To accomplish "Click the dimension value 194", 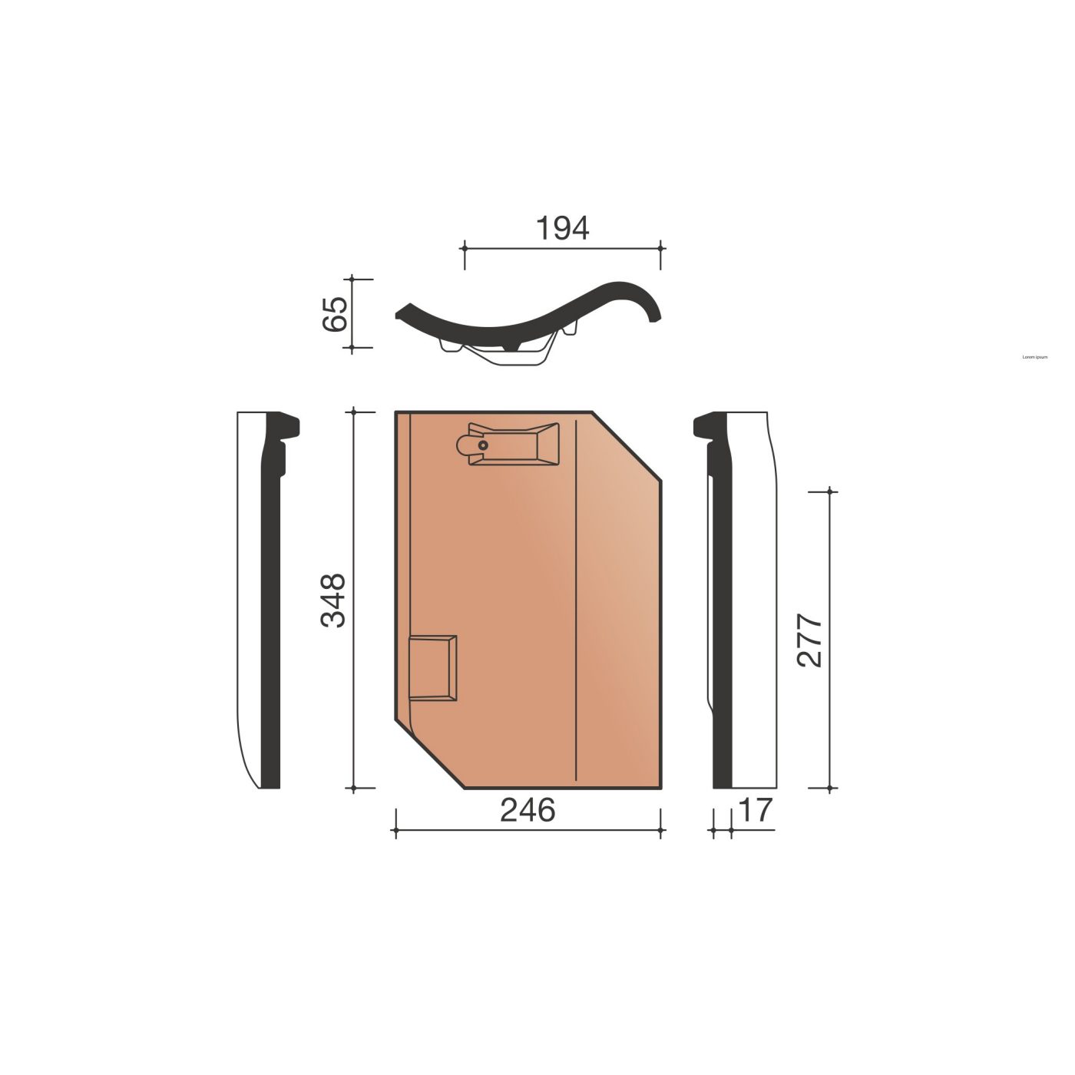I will pos(562,228).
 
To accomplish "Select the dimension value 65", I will pos(336,313).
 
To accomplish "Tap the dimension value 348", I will pos(333,600).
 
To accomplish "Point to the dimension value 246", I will pos(528,810).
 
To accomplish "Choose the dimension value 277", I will pos(810,640).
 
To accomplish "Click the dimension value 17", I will pos(756,810).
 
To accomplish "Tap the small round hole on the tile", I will pos(482,445).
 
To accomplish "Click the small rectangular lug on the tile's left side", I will pos(434,667).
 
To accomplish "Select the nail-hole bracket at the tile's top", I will pos(507,444).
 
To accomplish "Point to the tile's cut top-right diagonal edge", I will pos(627,447).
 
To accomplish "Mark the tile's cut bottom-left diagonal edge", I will pos(430,754).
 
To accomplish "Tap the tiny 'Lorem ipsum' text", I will pos(1035,357).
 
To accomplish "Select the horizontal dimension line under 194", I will pos(562,248).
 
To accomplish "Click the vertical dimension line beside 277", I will pos(831,640).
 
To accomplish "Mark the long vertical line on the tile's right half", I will pos(576,599).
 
